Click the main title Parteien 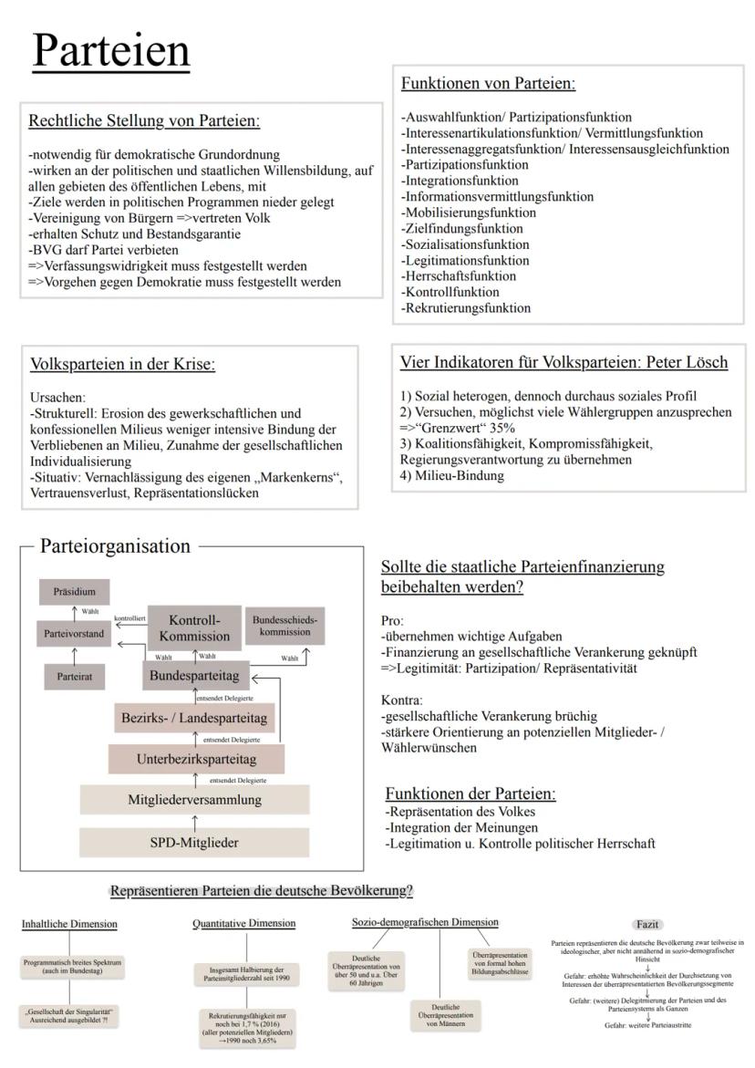pyautogui.click(x=111, y=51)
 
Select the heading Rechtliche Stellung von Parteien pyautogui.click(x=150, y=120)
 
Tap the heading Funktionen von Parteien pyautogui.click(x=488, y=84)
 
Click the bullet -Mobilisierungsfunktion pyautogui.click(x=469, y=213)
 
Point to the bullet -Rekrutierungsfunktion pyautogui.click(x=466, y=308)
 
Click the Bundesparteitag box pyautogui.click(x=195, y=678)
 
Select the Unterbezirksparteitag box pyautogui.click(x=196, y=758)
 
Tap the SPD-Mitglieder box pyautogui.click(x=194, y=842)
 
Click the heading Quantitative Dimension pyautogui.click(x=243, y=924)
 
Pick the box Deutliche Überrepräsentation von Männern pyautogui.click(x=444, y=1018)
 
